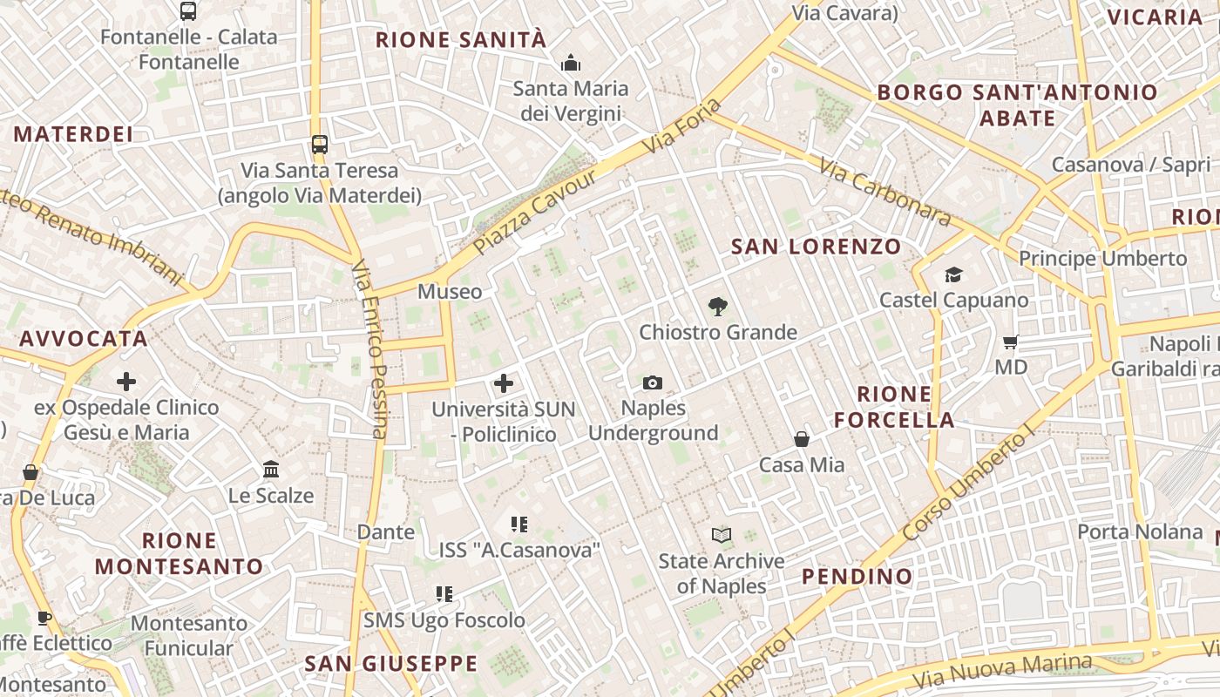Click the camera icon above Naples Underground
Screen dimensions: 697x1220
[652, 382]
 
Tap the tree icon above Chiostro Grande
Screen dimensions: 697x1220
[717, 306]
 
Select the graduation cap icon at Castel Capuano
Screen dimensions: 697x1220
[953, 274]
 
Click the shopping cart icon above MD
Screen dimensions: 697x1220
[1011, 342]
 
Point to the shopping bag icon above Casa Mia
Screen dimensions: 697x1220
[801, 439]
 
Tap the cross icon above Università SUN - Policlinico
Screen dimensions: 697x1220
[503, 382]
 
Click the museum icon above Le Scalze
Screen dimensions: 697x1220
[270, 470]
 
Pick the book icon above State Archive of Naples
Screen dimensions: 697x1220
[721, 535]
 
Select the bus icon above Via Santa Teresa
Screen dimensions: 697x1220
[320, 145]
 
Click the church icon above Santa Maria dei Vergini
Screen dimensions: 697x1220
[571, 63]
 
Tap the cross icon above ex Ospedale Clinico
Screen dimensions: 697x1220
[126, 381]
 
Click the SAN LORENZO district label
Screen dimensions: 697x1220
[816, 247]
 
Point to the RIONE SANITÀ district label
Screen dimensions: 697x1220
[461, 40]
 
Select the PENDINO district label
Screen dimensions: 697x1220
[857, 576]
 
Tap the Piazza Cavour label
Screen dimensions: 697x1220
[535, 212]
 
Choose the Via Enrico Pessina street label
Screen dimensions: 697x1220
[369, 348]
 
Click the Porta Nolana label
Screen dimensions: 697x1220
[1140, 531]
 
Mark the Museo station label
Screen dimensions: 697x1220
[450, 291]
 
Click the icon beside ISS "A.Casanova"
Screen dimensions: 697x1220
[519, 524]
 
